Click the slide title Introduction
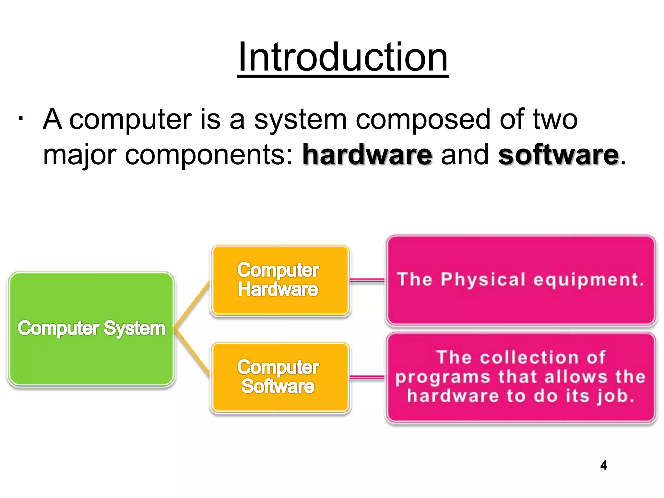tap(343, 58)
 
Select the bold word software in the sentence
tap(558, 155)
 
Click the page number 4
tap(603, 465)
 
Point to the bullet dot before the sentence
tap(20, 119)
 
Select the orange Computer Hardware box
tap(280, 280)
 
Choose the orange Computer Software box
tap(280, 377)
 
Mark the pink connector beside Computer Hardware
tap(367, 280)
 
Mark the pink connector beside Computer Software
tap(367, 377)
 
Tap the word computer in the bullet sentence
tap(130, 119)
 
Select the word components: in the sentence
tap(209, 155)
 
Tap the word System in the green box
tap(134, 328)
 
